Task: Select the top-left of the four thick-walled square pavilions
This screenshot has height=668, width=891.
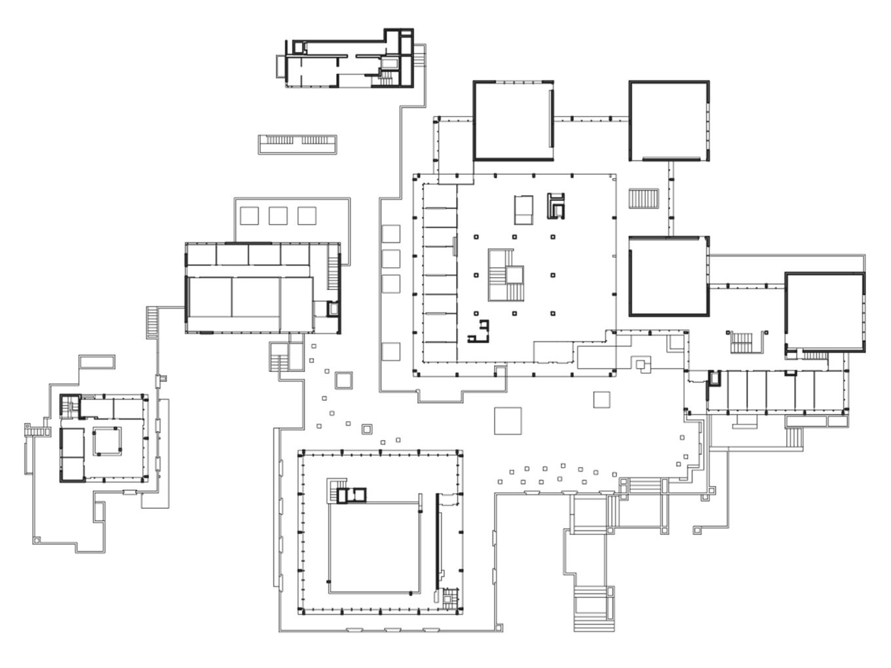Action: coord(513,121)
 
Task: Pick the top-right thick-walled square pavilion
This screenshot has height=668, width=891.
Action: coord(669,121)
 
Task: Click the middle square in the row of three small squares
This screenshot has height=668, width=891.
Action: coord(278,215)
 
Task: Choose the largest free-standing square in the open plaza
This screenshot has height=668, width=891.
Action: coord(508,420)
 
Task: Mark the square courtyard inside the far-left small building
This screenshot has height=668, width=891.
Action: coord(106,441)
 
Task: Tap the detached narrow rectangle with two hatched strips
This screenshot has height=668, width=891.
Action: coord(298,143)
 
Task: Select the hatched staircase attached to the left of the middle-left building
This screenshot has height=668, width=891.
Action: coord(153,322)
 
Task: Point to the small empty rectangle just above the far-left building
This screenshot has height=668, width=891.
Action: coord(96,362)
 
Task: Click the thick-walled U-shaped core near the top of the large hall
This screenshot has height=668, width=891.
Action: coord(556,205)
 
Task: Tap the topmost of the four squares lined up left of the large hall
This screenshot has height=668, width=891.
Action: coord(390,234)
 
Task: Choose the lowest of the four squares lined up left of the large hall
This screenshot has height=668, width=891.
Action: coord(390,352)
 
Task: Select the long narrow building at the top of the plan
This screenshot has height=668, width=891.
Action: coord(347,60)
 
